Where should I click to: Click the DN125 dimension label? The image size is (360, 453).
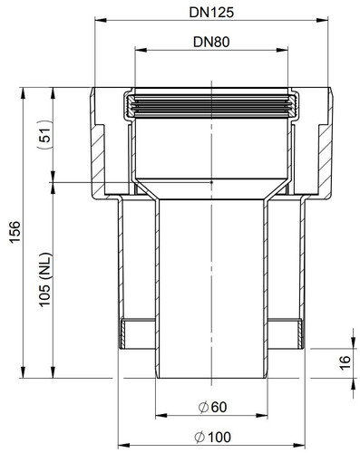(211, 13)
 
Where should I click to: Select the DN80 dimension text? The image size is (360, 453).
(211, 42)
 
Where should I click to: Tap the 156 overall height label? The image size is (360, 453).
(15, 232)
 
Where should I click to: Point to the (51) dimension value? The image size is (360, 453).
(44, 135)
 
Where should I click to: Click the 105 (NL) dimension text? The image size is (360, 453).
(45, 280)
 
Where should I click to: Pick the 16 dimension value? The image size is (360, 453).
(345, 362)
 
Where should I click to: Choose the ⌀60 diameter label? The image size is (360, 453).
(212, 407)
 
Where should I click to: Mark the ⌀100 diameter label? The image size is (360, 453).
(212, 437)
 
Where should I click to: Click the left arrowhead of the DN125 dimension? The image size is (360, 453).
(101, 20)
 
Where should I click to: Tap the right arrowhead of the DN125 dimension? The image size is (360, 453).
(322, 20)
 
